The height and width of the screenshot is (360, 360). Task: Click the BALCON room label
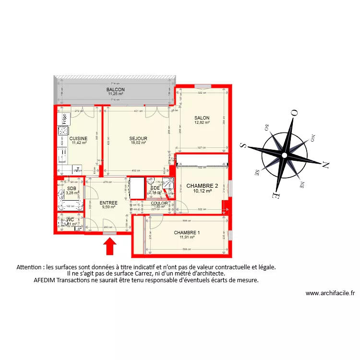click(116, 90)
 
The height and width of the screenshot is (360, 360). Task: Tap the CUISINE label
click(78, 138)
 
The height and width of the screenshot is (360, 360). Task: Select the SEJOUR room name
click(139, 138)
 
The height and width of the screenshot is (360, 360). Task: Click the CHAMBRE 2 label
click(202, 186)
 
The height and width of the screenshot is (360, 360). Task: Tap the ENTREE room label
click(108, 203)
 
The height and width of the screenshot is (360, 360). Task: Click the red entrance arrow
click(110, 247)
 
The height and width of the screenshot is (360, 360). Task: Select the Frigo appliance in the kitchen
click(62, 118)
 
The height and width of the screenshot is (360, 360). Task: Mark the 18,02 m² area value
click(138, 143)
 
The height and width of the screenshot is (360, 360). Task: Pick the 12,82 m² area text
click(202, 122)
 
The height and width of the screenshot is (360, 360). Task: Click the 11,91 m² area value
click(186, 237)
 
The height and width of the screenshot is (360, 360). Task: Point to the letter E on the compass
click(274, 196)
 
